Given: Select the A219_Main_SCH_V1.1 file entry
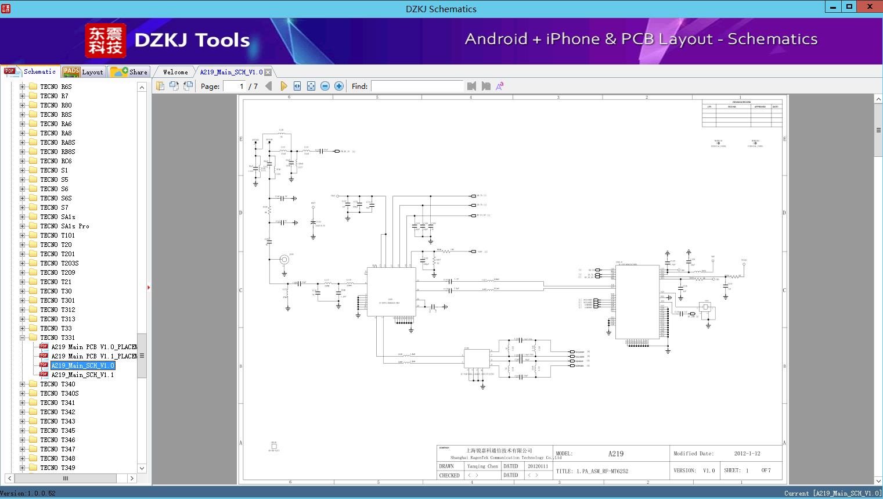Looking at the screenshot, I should coord(82,375).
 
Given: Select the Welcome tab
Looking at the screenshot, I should coord(175,72).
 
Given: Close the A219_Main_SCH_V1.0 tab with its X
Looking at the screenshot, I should coord(268,72).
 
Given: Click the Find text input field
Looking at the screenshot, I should coord(417,86).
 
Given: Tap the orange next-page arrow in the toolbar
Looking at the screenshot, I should coord(283,86).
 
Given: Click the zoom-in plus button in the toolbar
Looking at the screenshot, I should coord(339,86).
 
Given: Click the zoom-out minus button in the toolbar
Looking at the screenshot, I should coord(325,86).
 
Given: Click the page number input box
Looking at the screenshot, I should coord(235,86).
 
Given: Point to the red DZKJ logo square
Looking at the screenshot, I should coord(106,40).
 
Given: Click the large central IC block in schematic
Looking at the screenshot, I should coord(391,292).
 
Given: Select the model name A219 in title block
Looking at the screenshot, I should coord(616,454).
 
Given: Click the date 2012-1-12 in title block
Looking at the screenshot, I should coord(747,454).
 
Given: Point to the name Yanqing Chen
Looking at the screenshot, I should coord(482,466).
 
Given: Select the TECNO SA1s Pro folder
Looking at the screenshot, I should coord(64,226).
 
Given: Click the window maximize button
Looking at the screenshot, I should coord(849,7).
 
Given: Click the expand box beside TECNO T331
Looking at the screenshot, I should coord(22,338).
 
